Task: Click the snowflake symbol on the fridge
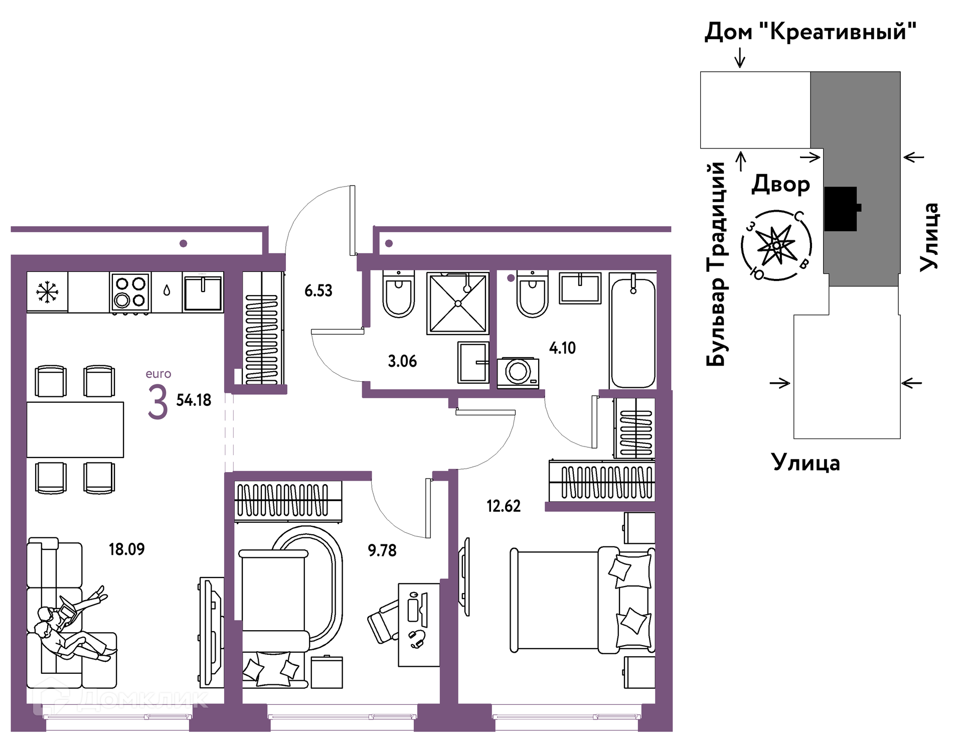pos(47,292)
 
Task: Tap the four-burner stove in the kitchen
pos(130,293)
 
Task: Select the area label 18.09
pos(126,549)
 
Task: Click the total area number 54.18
pos(194,400)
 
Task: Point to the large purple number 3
pos(157,402)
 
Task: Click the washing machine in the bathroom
pos(518,373)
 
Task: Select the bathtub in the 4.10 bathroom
pos(633,331)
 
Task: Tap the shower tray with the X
pos(457,303)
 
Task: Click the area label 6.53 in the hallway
pos(318,290)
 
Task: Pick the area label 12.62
pos(504,506)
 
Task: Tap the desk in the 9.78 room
pos(419,625)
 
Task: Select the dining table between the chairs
pos(75,429)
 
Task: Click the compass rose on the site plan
pos(776,245)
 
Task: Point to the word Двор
pos(780,184)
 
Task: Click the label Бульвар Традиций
pos(716,264)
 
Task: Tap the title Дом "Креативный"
pos(811,31)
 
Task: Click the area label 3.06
pos(402,361)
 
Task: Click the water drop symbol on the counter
pos(167,290)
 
